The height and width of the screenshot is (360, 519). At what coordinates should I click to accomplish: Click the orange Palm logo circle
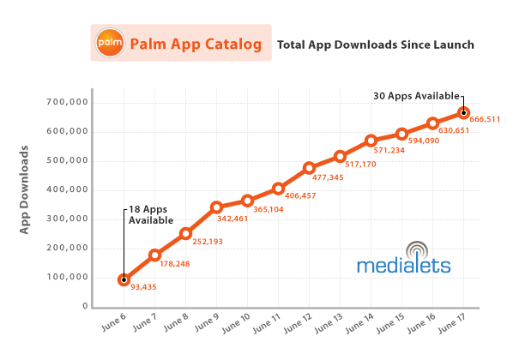[x=110, y=42]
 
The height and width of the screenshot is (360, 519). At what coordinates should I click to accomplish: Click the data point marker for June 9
[x=217, y=207]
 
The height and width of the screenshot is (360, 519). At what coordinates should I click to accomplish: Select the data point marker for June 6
[x=124, y=279]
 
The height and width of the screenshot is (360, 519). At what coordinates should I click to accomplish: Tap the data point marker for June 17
[x=464, y=112]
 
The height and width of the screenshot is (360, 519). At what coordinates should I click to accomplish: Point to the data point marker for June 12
[x=310, y=168]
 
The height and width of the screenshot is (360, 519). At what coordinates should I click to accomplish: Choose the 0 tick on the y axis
[x=86, y=306]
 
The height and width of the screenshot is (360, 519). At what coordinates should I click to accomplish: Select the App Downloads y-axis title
[x=25, y=189]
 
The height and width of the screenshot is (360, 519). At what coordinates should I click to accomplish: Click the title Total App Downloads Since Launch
[x=374, y=43]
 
